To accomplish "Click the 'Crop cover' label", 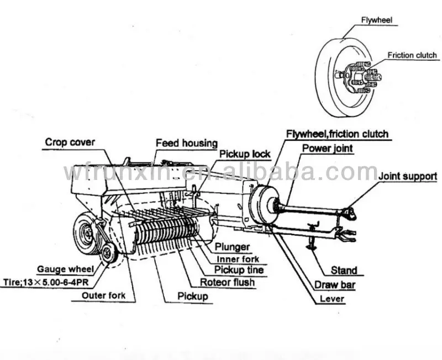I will click(70, 142).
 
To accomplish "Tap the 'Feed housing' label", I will click(186, 143).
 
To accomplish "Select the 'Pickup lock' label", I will click(245, 154).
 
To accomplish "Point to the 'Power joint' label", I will click(327, 148).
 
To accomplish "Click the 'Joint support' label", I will click(408, 177).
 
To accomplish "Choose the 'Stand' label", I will click(344, 271).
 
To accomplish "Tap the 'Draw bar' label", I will click(335, 285).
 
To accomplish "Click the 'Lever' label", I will click(331, 299).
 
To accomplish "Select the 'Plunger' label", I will click(233, 247).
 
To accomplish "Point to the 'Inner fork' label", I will click(238, 259).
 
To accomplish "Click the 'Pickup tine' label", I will click(239, 271).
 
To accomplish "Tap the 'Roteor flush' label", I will click(228, 283).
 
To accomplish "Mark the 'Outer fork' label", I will click(103, 295).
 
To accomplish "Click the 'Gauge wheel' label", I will click(62, 269).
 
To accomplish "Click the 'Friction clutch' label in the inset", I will click(412, 55).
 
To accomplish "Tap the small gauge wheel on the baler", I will click(109, 253).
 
